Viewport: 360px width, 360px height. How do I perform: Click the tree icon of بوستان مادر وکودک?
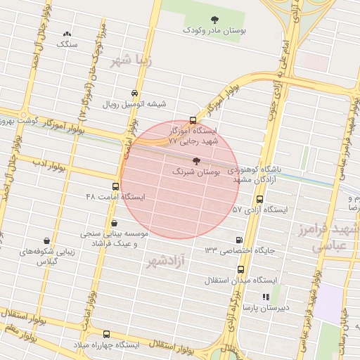coord(214,19)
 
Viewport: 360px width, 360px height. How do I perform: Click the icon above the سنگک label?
coord(67,34)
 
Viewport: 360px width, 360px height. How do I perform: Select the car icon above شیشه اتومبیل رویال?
coord(134,94)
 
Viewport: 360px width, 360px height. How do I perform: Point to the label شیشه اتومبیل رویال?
coord(135,104)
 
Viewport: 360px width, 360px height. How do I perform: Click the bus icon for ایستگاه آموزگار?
coord(193,120)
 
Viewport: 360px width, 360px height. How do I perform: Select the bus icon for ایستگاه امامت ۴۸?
coord(115,186)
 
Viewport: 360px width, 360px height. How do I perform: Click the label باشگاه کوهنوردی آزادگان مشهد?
coord(266,175)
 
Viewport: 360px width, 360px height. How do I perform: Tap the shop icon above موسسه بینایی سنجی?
coord(114,223)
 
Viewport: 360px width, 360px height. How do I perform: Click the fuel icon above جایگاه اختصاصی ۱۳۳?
coord(240,240)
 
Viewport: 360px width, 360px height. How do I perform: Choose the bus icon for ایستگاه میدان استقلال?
coord(241,269)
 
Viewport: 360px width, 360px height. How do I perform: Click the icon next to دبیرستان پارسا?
coord(266,297)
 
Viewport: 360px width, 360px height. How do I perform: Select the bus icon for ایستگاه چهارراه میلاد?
coord(106,334)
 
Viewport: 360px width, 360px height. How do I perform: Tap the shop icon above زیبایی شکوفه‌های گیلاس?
coord(46,241)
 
